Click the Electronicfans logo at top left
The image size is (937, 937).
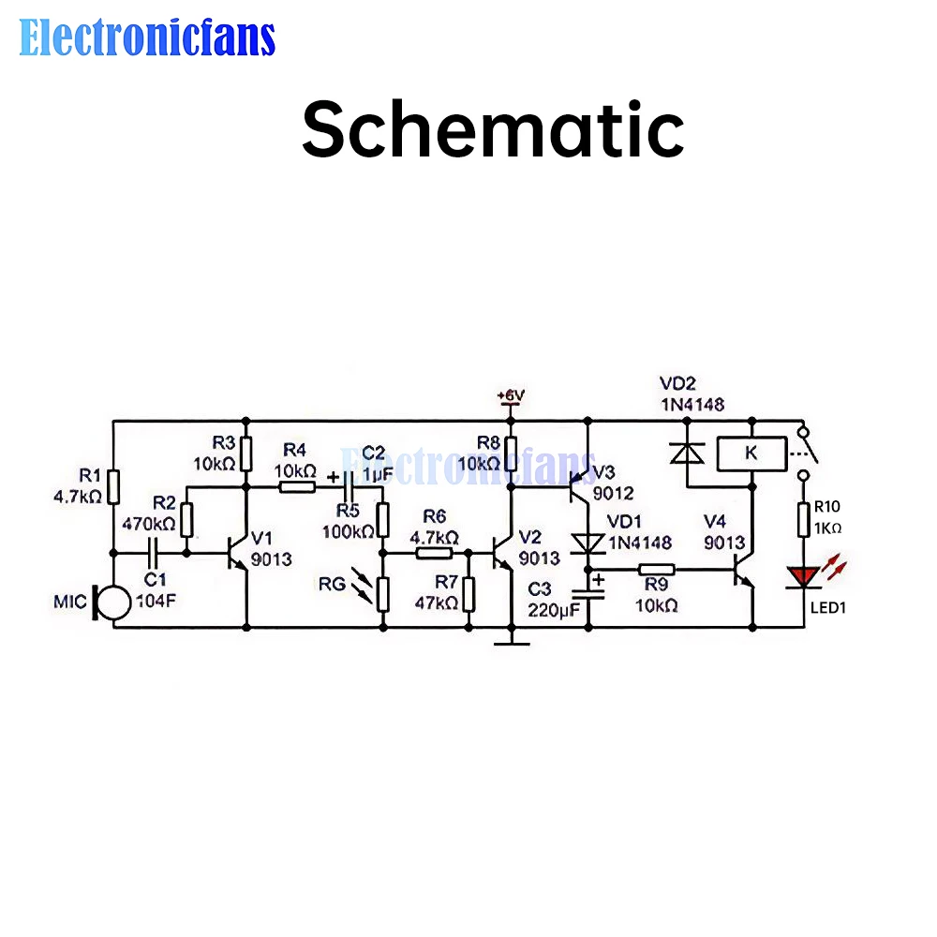[147, 37]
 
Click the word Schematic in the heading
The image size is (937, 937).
[492, 130]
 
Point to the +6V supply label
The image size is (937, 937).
[511, 396]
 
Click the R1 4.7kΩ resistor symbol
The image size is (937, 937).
[112, 486]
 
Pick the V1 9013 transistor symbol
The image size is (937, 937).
[236, 553]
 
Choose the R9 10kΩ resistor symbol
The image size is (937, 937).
[657, 569]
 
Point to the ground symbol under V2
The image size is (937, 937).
[511, 641]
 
